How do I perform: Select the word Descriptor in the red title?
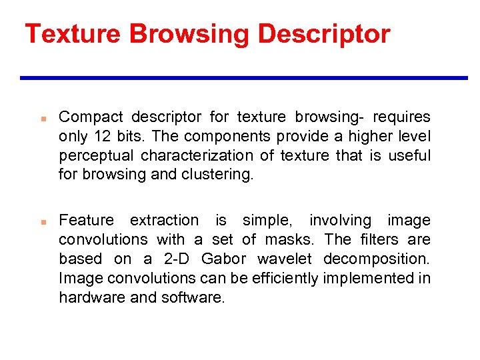323,33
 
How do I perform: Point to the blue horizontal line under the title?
243,78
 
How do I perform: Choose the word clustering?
221,175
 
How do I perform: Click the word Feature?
87,220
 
